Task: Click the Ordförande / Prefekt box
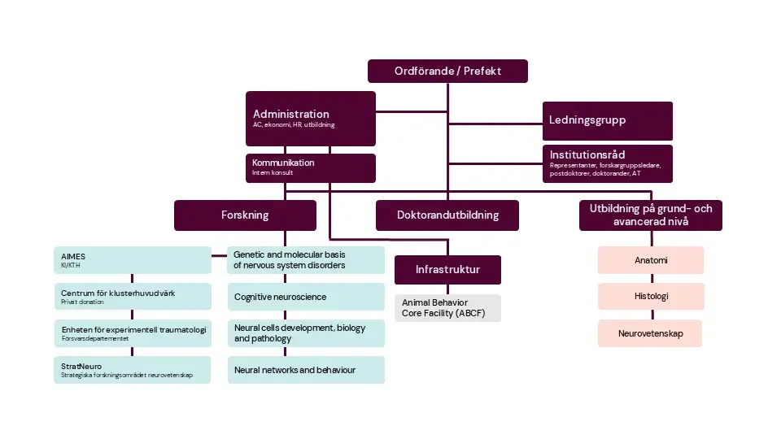coord(447,72)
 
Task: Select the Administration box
coord(311,119)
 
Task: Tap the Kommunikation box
coord(311,167)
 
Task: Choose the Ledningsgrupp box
coord(608,120)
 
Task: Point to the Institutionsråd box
coord(608,163)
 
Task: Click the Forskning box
coord(245,215)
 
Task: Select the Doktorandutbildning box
coord(447,215)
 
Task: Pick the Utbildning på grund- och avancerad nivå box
coord(650,215)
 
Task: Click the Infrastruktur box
coord(447,269)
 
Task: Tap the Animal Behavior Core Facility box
coord(447,307)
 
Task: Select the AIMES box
coord(133,260)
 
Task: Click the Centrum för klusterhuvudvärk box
coord(133,297)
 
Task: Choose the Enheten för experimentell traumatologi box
coord(133,333)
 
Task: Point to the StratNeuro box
coord(133,370)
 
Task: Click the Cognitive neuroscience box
coord(306,297)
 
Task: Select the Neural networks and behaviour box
coord(306,370)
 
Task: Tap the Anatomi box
coord(650,260)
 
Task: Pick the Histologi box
coord(650,297)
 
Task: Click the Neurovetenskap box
coord(650,333)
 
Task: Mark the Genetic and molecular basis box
coord(306,260)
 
